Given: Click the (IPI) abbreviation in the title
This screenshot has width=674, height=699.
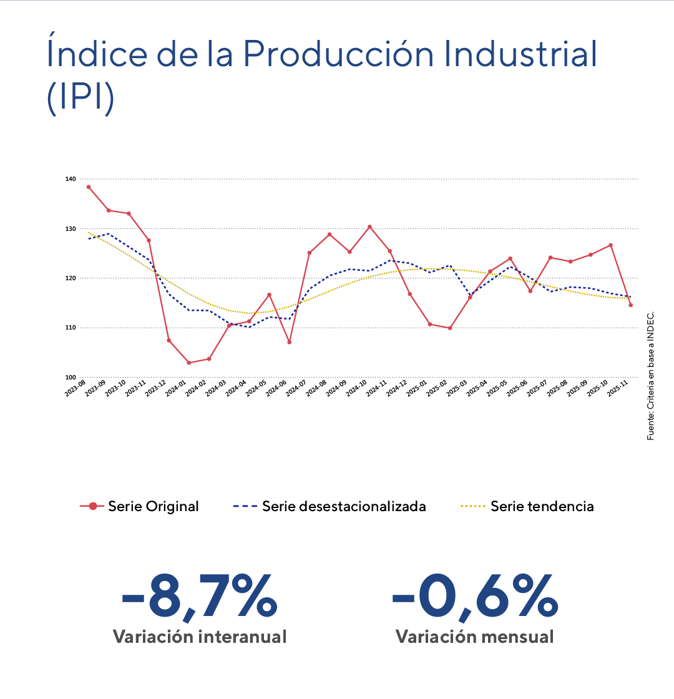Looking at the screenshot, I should [80, 99].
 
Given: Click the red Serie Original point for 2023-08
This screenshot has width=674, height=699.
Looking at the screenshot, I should [89, 187].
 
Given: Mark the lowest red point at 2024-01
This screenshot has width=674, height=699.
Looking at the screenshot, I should [188, 363].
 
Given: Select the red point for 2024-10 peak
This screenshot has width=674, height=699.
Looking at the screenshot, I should [369, 227].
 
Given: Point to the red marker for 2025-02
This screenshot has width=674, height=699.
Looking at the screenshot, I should [450, 328].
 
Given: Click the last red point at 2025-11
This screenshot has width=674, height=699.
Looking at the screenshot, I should [630, 305].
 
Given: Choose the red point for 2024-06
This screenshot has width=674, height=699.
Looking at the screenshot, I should [289, 342].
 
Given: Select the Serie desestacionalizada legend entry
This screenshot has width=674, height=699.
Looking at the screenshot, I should [329, 506].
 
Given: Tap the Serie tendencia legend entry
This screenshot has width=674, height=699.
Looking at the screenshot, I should [527, 506].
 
